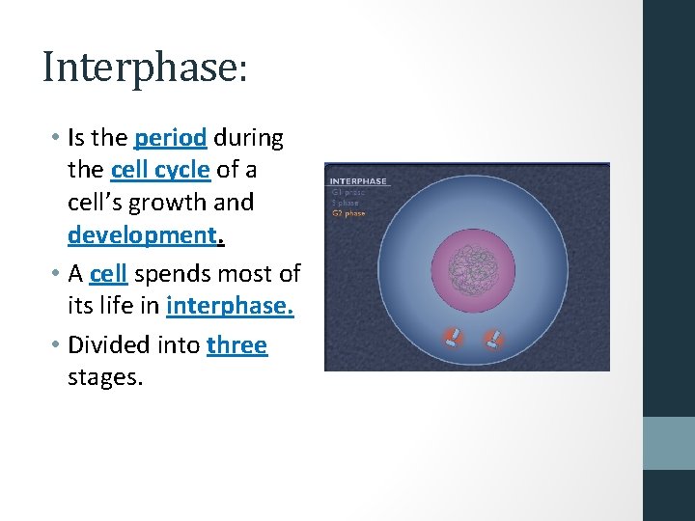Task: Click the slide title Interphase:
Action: pyautogui.click(x=145, y=68)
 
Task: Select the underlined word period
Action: pyautogui.click(x=171, y=139)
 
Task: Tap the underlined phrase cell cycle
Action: pyautogui.click(x=160, y=171)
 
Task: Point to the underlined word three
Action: pyautogui.click(x=236, y=345)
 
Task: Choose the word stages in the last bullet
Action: pyautogui.click(x=104, y=377)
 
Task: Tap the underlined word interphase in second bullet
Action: pyautogui.click(x=230, y=307)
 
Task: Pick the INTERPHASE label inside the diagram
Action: pyautogui.click(x=358, y=180)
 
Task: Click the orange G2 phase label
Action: pyautogui.click(x=348, y=213)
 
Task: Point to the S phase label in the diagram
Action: pyautogui.click(x=345, y=203)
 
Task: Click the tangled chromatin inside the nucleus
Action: pyautogui.click(x=473, y=263)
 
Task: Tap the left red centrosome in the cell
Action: pyautogui.click(x=452, y=339)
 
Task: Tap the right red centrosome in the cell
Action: pyautogui.click(x=494, y=339)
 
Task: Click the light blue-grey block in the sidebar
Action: pyautogui.click(x=669, y=443)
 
